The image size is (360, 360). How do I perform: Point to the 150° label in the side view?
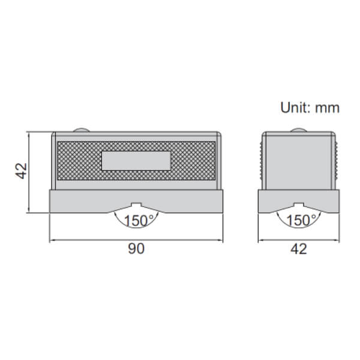(298, 221)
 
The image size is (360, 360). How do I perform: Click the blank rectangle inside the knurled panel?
(136, 161)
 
